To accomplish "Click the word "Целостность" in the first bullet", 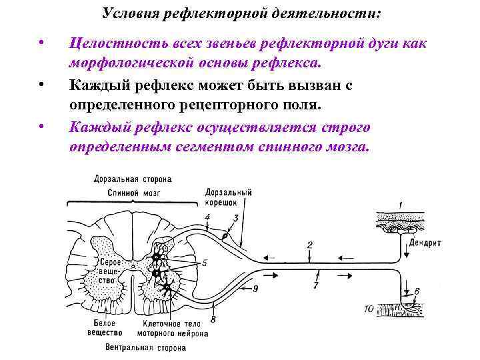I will coord(114,44).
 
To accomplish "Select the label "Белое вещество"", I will coord(105,327).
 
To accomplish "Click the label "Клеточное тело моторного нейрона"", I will coord(169,327).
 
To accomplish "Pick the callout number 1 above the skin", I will coord(400,203).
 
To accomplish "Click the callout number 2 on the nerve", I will coord(309,245).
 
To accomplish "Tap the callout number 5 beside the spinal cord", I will coord(205,263).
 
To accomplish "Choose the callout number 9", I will coord(255,288).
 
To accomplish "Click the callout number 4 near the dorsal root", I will coord(207,217).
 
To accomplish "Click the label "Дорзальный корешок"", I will coord(229,197).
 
